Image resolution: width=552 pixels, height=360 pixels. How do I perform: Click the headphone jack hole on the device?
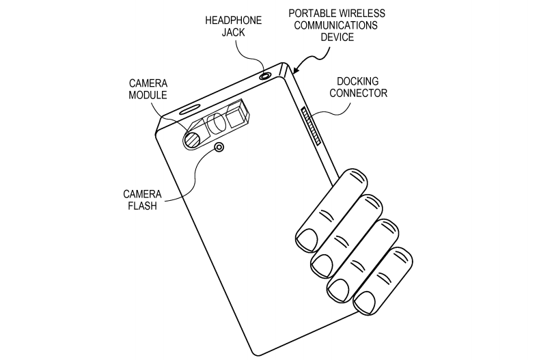265,76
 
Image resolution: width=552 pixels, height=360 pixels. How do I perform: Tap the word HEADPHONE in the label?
234,20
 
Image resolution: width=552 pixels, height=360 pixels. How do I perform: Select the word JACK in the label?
233,32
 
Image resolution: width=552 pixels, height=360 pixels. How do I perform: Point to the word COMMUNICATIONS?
336,25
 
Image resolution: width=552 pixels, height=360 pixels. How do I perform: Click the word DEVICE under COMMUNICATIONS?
337,37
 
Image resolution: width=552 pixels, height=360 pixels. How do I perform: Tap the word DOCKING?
358,81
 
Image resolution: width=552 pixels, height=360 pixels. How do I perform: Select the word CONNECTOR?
359,93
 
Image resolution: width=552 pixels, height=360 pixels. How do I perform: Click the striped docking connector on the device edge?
311,126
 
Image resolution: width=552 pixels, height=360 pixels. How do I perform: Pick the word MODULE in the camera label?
148,95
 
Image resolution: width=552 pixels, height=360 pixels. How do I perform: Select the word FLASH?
142,206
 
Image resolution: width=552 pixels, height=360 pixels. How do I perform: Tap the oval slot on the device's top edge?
190,109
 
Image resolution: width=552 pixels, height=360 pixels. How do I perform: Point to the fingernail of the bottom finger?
365,302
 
